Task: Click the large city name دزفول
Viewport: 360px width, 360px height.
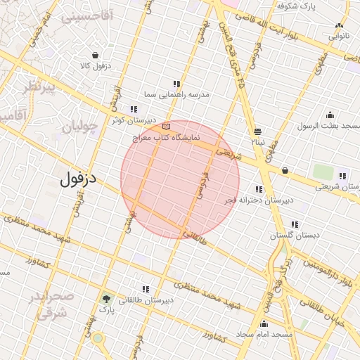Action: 77,179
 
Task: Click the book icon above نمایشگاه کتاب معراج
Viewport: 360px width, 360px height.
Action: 166,126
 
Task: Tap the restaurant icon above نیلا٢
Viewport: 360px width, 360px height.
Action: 258,131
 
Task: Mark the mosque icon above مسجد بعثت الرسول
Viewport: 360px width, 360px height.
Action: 330,115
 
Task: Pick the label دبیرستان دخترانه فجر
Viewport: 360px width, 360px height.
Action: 259,201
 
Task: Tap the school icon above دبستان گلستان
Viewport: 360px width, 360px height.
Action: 295,225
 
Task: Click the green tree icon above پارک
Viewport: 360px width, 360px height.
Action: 106,298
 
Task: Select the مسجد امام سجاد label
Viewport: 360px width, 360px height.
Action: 264,335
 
